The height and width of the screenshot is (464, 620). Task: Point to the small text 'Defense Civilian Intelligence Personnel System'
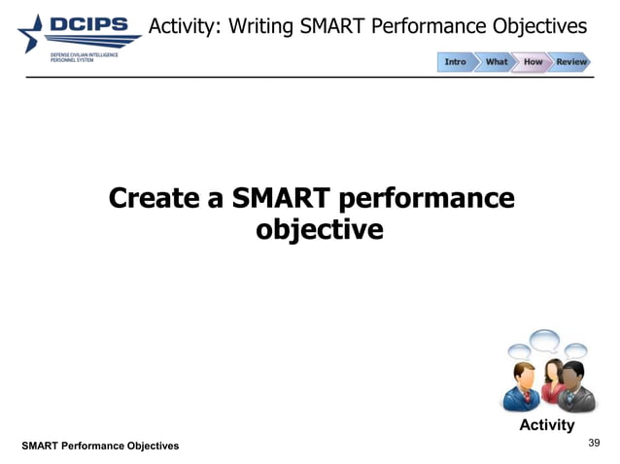[84, 57]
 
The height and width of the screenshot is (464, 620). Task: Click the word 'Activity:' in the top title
[184, 25]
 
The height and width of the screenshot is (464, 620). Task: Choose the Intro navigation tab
[455, 62]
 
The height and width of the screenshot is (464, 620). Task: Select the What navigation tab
[496, 62]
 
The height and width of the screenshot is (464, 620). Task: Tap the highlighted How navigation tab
[534, 62]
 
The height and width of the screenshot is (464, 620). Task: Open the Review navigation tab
[571, 62]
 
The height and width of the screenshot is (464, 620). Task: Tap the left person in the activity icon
[520, 386]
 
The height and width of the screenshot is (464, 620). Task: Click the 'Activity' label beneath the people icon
[546, 425]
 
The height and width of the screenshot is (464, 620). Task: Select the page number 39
[595, 443]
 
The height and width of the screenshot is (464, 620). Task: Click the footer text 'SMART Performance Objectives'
[101, 446]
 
